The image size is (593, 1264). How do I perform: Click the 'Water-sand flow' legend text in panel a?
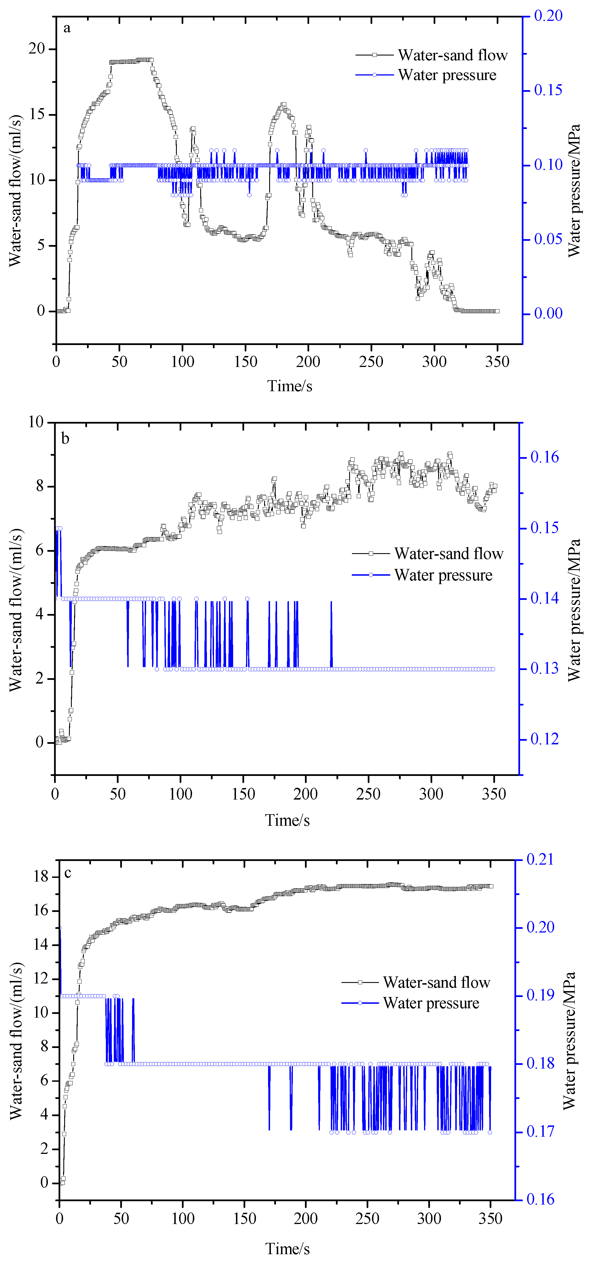(x=452, y=55)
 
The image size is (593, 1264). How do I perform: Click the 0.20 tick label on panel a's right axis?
(x=548, y=16)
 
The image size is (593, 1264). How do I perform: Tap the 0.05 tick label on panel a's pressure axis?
(x=548, y=239)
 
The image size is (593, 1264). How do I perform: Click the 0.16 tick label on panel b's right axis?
(x=545, y=457)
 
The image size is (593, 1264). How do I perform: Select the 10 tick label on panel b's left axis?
(x=36, y=422)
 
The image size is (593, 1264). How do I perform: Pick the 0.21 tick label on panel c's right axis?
(x=540, y=859)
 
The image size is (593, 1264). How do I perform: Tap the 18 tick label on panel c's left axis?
(x=41, y=876)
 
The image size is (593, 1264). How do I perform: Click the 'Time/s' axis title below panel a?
(x=289, y=386)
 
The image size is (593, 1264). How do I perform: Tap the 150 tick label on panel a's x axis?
(x=245, y=362)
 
